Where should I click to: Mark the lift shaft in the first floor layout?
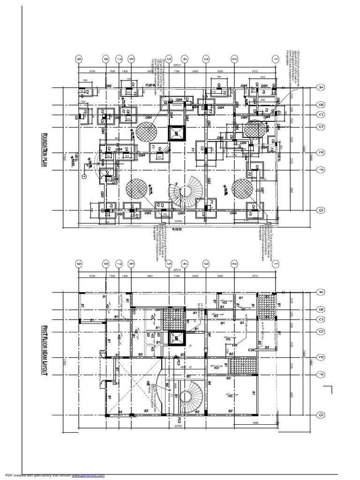tap(176, 338)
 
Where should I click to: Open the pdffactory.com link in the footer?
tap(89, 475)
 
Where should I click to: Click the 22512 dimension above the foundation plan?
tap(177, 65)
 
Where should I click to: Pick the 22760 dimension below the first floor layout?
tap(178, 426)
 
